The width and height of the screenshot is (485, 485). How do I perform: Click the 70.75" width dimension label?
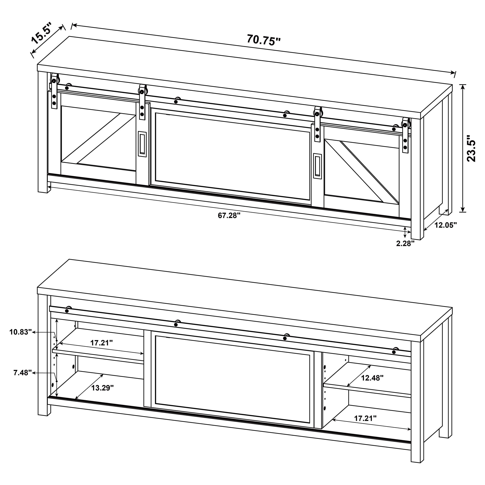(x=264, y=40)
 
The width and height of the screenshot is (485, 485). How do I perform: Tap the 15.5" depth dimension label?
(x=42, y=33)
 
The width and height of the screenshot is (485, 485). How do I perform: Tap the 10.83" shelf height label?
(x=21, y=332)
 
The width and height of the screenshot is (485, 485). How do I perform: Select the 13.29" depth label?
(x=102, y=388)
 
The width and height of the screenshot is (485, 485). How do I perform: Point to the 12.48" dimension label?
(x=372, y=378)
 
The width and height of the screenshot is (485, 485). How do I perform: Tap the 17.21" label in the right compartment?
(x=365, y=418)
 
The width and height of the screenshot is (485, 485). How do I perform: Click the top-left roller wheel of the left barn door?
(x=55, y=81)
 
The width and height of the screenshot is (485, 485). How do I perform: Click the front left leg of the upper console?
(x=43, y=132)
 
